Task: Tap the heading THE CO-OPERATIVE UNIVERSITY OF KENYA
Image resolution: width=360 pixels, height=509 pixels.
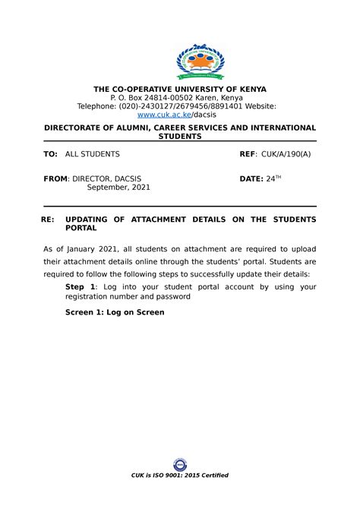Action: [x=179, y=88]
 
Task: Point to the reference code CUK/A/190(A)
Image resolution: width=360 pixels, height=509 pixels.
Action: [x=286, y=154]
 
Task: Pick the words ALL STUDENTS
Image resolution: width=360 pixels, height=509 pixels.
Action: [x=92, y=154]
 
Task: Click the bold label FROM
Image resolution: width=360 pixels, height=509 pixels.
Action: [x=55, y=179]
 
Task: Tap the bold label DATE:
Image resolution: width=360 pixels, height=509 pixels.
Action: [x=251, y=179]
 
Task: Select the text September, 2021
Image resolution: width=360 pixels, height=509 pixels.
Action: [x=119, y=188]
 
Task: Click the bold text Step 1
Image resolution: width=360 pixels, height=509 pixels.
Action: [x=81, y=286]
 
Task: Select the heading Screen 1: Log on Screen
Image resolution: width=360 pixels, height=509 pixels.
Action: [x=115, y=312]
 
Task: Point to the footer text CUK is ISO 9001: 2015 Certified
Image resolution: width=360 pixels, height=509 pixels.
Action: [x=180, y=475]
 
